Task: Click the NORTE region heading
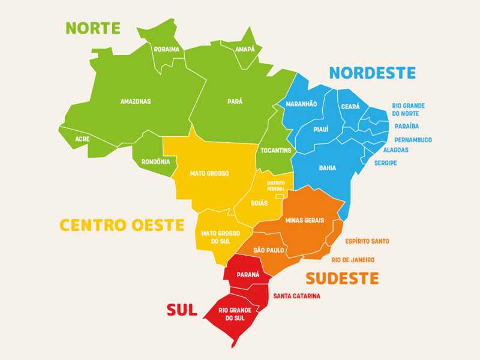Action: pyautogui.click(x=93, y=28)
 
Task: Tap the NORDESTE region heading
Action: pyautogui.click(x=372, y=73)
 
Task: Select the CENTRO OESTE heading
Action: pyautogui.click(x=121, y=226)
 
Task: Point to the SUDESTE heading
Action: pyautogui.click(x=342, y=278)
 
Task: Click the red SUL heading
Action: pyautogui.click(x=182, y=310)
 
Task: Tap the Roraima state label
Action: pyautogui.click(x=166, y=49)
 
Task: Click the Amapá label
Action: pyautogui.click(x=245, y=49)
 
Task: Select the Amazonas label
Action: pyautogui.click(x=136, y=101)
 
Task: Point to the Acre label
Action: pyautogui.click(x=82, y=139)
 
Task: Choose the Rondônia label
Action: pyautogui.click(x=155, y=161)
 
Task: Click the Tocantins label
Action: pyautogui.click(x=276, y=150)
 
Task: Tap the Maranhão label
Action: pyautogui.click(x=301, y=104)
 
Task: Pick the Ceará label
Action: pyautogui.click(x=350, y=106)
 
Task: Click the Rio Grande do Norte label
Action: pyautogui.click(x=409, y=109)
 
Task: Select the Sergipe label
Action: pyautogui.click(x=386, y=163)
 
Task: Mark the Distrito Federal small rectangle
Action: pyautogui.click(x=279, y=196)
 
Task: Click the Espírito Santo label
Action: pyautogui.click(x=367, y=241)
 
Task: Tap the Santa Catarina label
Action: pyautogui.click(x=296, y=296)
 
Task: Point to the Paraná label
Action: pyautogui.click(x=248, y=274)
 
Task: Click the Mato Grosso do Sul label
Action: pyautogui.click(x=220, y=237)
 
